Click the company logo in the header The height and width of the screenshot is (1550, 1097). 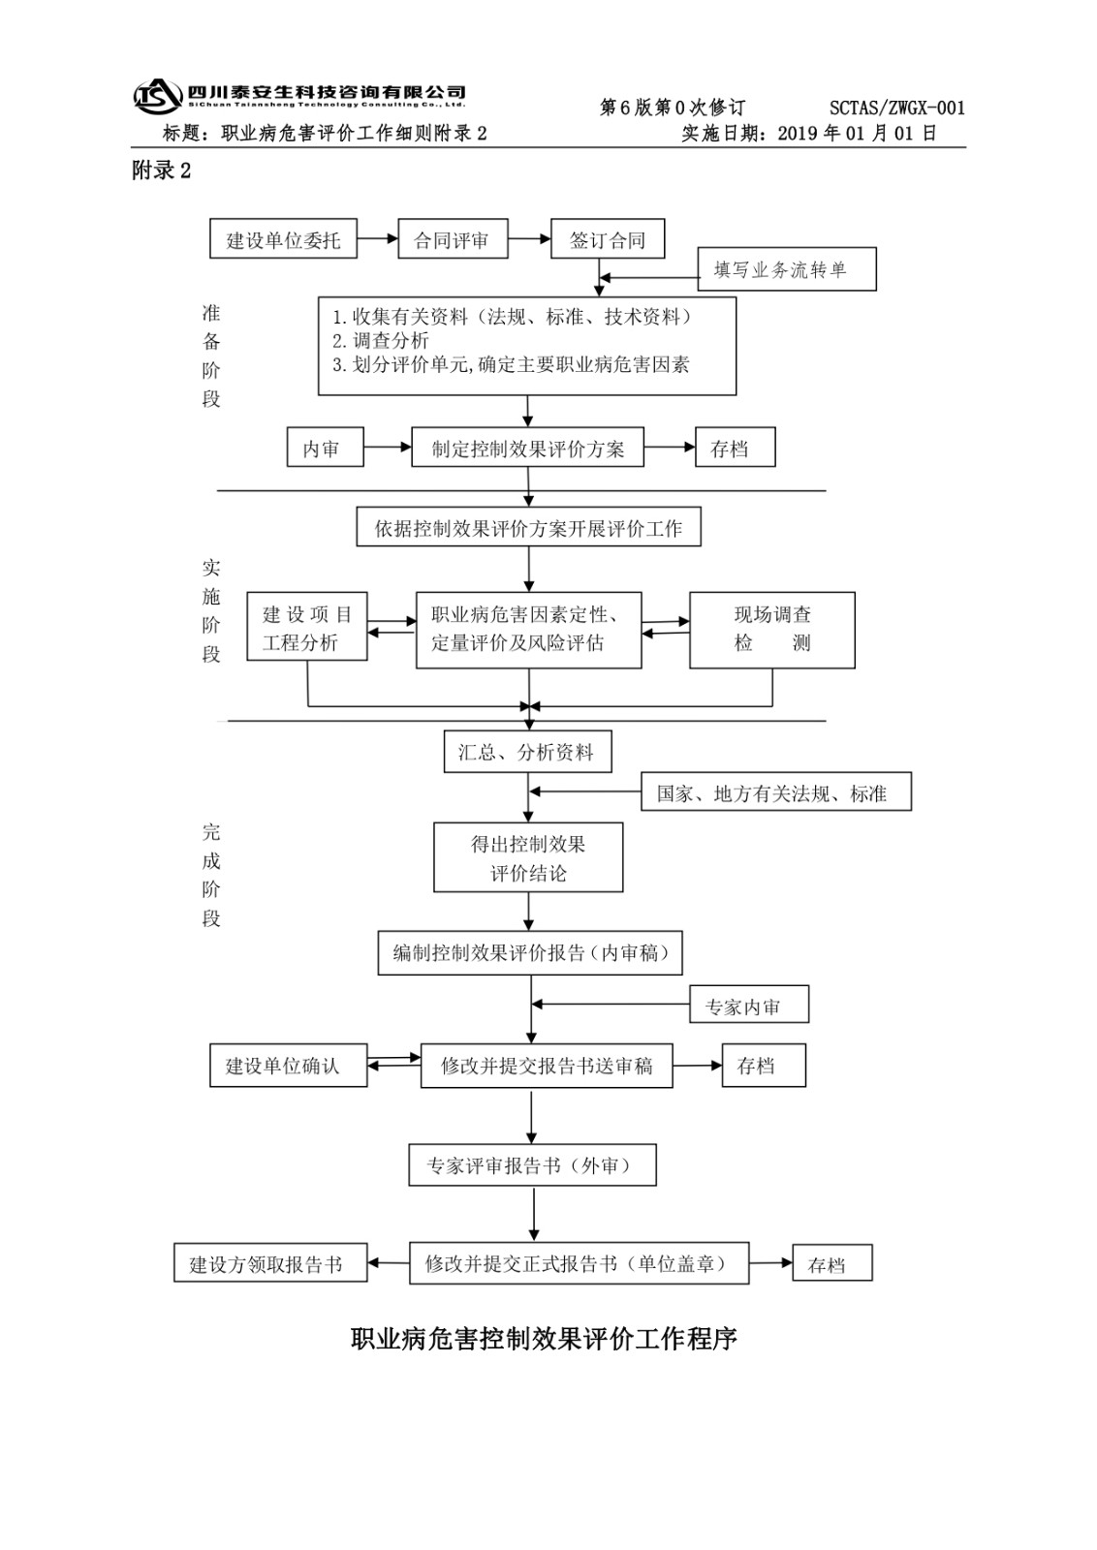coord(158,95)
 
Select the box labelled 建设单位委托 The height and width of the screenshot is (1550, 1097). coord(283,239)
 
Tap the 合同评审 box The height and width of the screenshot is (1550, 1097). coord(453,239)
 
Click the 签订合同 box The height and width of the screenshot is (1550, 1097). coord(608,239)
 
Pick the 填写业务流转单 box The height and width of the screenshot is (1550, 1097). coord(787,269)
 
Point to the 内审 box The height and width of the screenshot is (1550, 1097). coord(326,448)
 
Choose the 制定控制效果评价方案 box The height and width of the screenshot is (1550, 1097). coord(527,448)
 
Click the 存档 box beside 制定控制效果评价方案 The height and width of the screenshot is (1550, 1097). coord(735,448)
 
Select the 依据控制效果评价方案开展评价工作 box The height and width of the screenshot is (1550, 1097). coord(528,527)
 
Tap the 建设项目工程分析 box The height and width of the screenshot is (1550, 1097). coord(306,628)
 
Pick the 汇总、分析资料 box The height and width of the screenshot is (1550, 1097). coord(527,752)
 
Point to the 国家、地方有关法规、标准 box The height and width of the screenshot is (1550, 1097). coord(776,792)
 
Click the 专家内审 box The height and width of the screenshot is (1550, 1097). coord(748,1006)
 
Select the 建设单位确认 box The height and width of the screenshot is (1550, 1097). coord(288,1066)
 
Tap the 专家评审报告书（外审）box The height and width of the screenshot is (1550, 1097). coord(532,1164)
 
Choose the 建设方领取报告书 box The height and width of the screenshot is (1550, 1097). coord(270,1263)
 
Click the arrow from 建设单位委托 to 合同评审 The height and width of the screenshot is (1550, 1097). coord(378,239)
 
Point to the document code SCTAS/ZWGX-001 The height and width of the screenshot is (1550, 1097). coord(896,108)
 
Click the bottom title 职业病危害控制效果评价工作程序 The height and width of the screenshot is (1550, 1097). coord(544,1339)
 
